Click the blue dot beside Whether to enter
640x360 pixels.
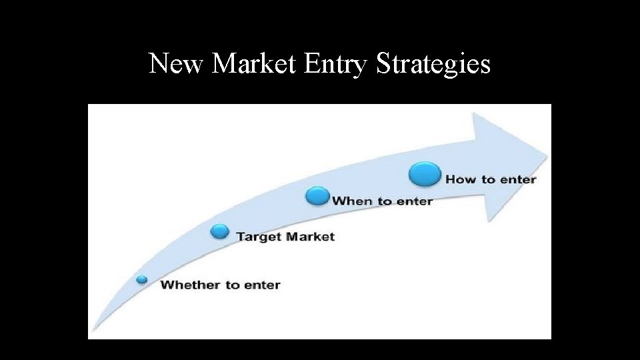[x=142, y=279]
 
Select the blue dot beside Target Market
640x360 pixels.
[x=219, y=231]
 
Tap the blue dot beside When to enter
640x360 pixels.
[x=317, y=196]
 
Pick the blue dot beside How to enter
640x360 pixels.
[x=425, y=175]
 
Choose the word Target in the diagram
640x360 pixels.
[x=257, y=237]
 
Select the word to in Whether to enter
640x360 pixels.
[x=231, y=285]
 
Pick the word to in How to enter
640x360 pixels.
[x=489, y=179]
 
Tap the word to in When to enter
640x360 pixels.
[x=385, y=201]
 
